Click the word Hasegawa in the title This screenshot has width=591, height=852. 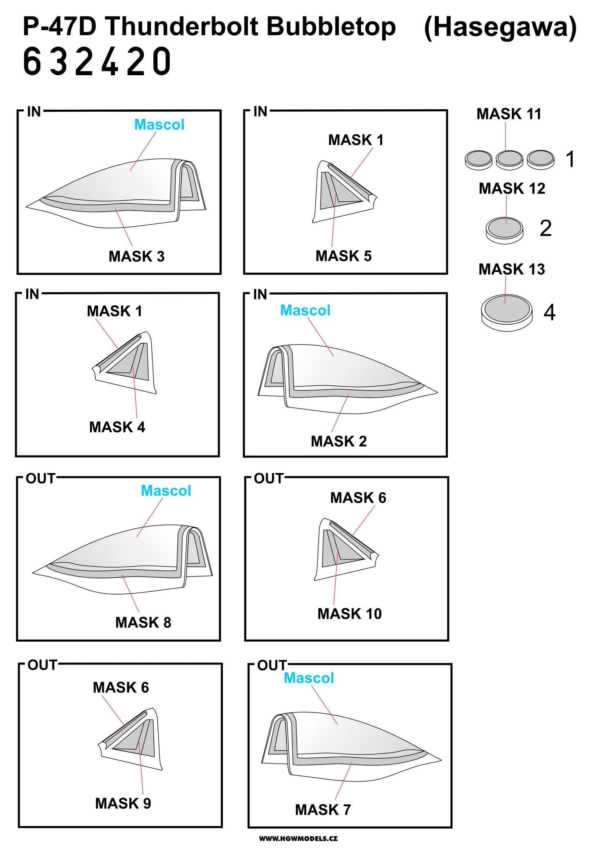[500, 27]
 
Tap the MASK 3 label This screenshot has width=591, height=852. [137, 257]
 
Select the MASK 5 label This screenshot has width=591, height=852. [344, 256]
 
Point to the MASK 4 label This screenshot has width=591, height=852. [117, 427]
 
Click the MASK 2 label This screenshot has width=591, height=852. [339, 442]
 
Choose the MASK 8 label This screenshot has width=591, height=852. [143, 622]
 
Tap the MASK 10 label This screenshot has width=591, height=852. [350, 614]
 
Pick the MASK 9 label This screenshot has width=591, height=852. [123, 803]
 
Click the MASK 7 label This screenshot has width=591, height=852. [323, 809]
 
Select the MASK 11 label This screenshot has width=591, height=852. [509, 114]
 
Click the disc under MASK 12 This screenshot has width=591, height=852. [505, 230]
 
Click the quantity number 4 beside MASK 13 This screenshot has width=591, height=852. [549, 313]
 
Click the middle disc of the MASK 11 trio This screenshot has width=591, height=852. [509, 159]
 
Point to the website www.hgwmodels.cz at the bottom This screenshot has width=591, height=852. [298, 838]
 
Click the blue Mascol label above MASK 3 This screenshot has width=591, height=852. [159, 125]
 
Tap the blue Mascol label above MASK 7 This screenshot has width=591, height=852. [309, 678]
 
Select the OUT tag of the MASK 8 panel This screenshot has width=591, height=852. [40, 478]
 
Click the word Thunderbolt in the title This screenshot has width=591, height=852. [182, 27]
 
